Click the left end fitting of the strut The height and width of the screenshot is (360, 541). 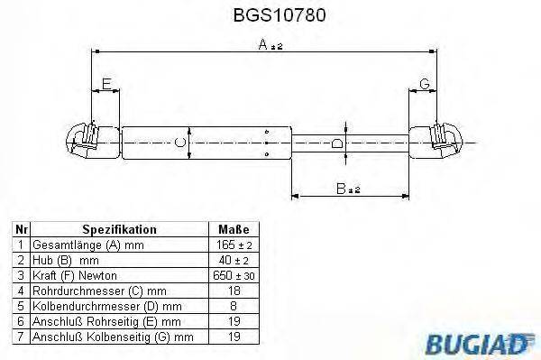click(86, 140)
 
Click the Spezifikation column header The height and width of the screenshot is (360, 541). click(119, 230)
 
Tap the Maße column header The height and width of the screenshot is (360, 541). click(234, 230)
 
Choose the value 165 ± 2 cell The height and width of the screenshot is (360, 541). click(234, 245)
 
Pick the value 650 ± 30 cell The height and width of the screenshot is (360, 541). click(234, 274)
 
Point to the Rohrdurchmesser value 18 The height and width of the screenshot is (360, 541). click(234, 290)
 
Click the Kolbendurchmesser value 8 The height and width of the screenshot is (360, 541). click(234, 305)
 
